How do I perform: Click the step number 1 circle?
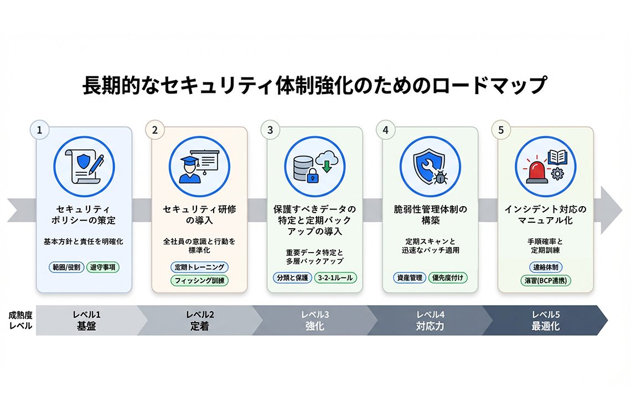click(x=39, y=130)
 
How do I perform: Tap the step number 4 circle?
click(x=385, y=130)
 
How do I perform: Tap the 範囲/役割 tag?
click(x=65, y=267)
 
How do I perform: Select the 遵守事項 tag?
click(x=103, y=267)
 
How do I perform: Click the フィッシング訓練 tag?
click(x=199, y=280)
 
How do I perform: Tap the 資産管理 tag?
click(x=408, y=278)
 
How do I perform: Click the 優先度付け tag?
click(x=448, y=278)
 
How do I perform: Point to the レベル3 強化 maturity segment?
click(x=314, y=321)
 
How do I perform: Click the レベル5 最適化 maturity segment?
click(x=545, y=321)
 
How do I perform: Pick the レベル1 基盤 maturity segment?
click(x=86, y=321)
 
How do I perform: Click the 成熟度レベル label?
click(x=19, y=321)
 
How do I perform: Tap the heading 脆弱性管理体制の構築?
click(x=430, y=215)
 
